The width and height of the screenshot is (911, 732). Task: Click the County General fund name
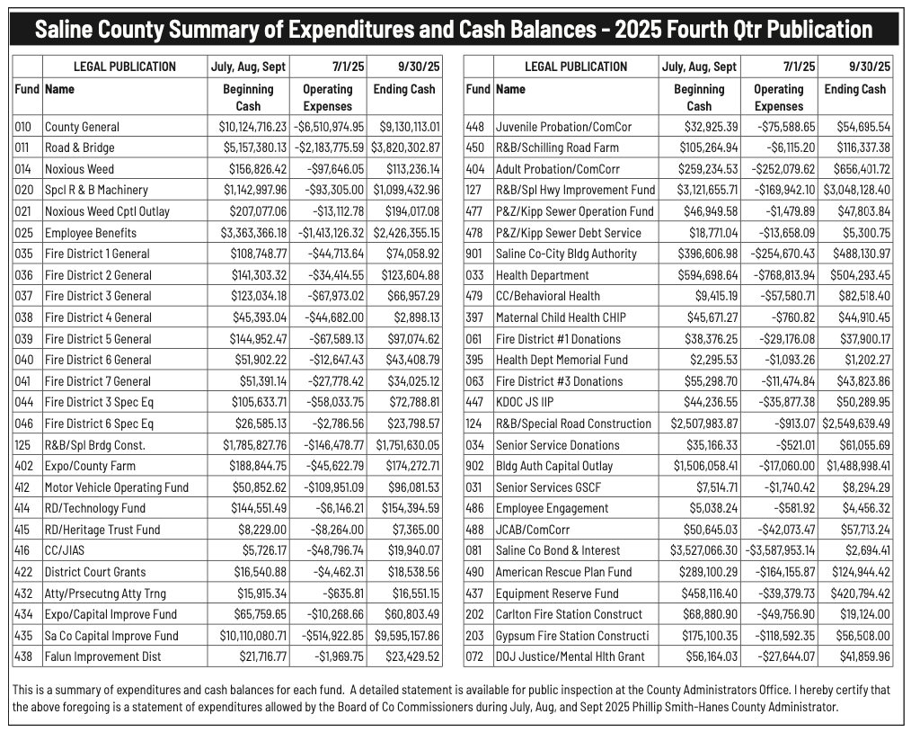[82, 127]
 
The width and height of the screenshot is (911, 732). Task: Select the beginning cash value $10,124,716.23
[252, 127]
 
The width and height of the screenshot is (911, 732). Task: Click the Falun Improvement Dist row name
[103, 656]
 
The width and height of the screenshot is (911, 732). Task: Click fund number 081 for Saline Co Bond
[475, 550]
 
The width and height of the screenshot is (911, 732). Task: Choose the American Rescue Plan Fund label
[563, 572]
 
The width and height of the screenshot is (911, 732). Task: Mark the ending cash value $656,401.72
[858, 169]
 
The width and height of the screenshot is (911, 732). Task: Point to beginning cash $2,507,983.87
[704, 424]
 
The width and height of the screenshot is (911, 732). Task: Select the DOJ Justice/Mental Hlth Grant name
[570, 656]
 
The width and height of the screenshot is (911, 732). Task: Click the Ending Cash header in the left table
[404, 89]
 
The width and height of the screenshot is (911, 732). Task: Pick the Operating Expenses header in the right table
[778, 97]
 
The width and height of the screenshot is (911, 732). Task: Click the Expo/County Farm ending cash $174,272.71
[410, 466]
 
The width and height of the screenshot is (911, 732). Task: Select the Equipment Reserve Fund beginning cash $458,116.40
[709, 593]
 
